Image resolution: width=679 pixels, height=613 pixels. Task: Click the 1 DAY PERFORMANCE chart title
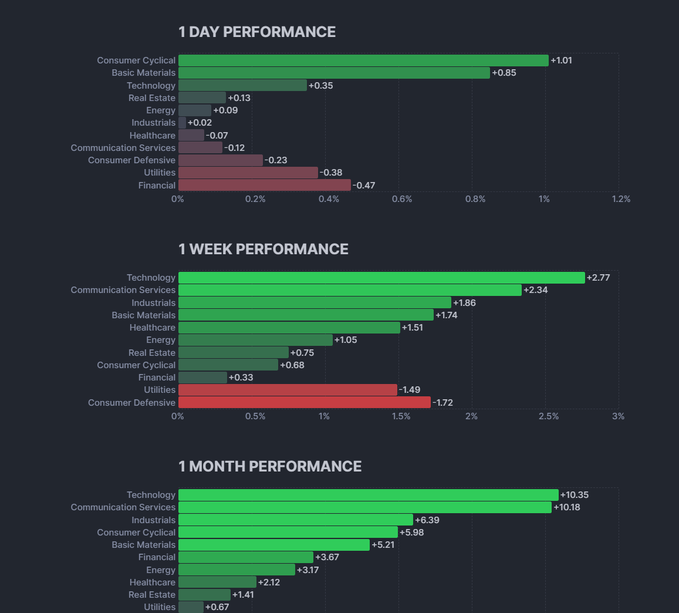[257, 32]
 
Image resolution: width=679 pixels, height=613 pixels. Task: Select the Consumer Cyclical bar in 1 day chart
[363, 60]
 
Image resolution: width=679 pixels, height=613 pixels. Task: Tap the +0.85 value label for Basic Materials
[504, 73]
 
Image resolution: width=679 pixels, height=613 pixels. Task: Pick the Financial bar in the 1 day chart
[264, 186]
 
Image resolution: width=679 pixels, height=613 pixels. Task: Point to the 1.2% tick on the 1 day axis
[621, 199]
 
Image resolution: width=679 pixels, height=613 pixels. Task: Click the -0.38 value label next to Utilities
[331, 173]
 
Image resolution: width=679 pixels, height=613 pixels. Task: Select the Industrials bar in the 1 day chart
[182, 123]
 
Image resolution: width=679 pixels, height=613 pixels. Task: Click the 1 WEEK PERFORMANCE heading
[264, 249]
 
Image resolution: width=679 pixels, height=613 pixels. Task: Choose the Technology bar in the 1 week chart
[381, 278]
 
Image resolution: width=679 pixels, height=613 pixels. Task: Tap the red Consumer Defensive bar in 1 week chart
[304, 403]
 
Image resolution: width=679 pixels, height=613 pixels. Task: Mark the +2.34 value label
[535, 290]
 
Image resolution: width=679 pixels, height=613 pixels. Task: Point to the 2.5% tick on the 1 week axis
[549, 416]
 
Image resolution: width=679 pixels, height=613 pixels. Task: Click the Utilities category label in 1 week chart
[160, 390]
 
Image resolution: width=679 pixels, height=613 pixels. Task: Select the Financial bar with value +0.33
[202, 378]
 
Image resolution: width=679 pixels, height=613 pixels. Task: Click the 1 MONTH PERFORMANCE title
[270, 466]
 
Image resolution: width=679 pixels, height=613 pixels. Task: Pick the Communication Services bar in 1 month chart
[364, 507]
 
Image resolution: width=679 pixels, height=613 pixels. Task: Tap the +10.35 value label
[575, 495]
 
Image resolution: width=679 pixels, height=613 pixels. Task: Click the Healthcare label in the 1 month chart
[153, 582]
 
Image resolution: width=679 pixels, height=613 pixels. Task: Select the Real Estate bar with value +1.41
[204, 595]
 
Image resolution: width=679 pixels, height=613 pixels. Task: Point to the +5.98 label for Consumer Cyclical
[411, 533]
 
